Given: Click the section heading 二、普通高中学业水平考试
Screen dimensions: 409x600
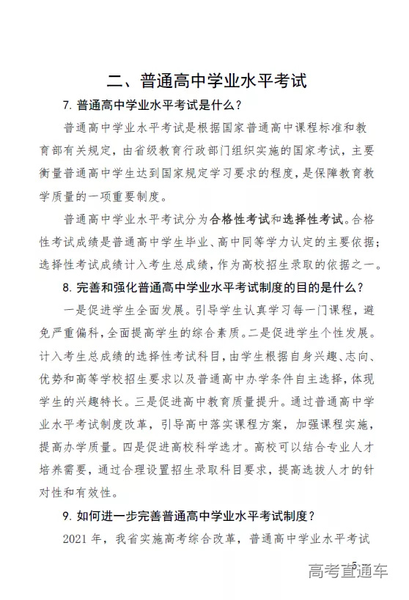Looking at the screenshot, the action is click(x=204, y=79).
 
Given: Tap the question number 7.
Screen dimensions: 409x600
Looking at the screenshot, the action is click(x=67, y=105).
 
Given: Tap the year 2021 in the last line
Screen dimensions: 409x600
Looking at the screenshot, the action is click(x=78, y=540).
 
